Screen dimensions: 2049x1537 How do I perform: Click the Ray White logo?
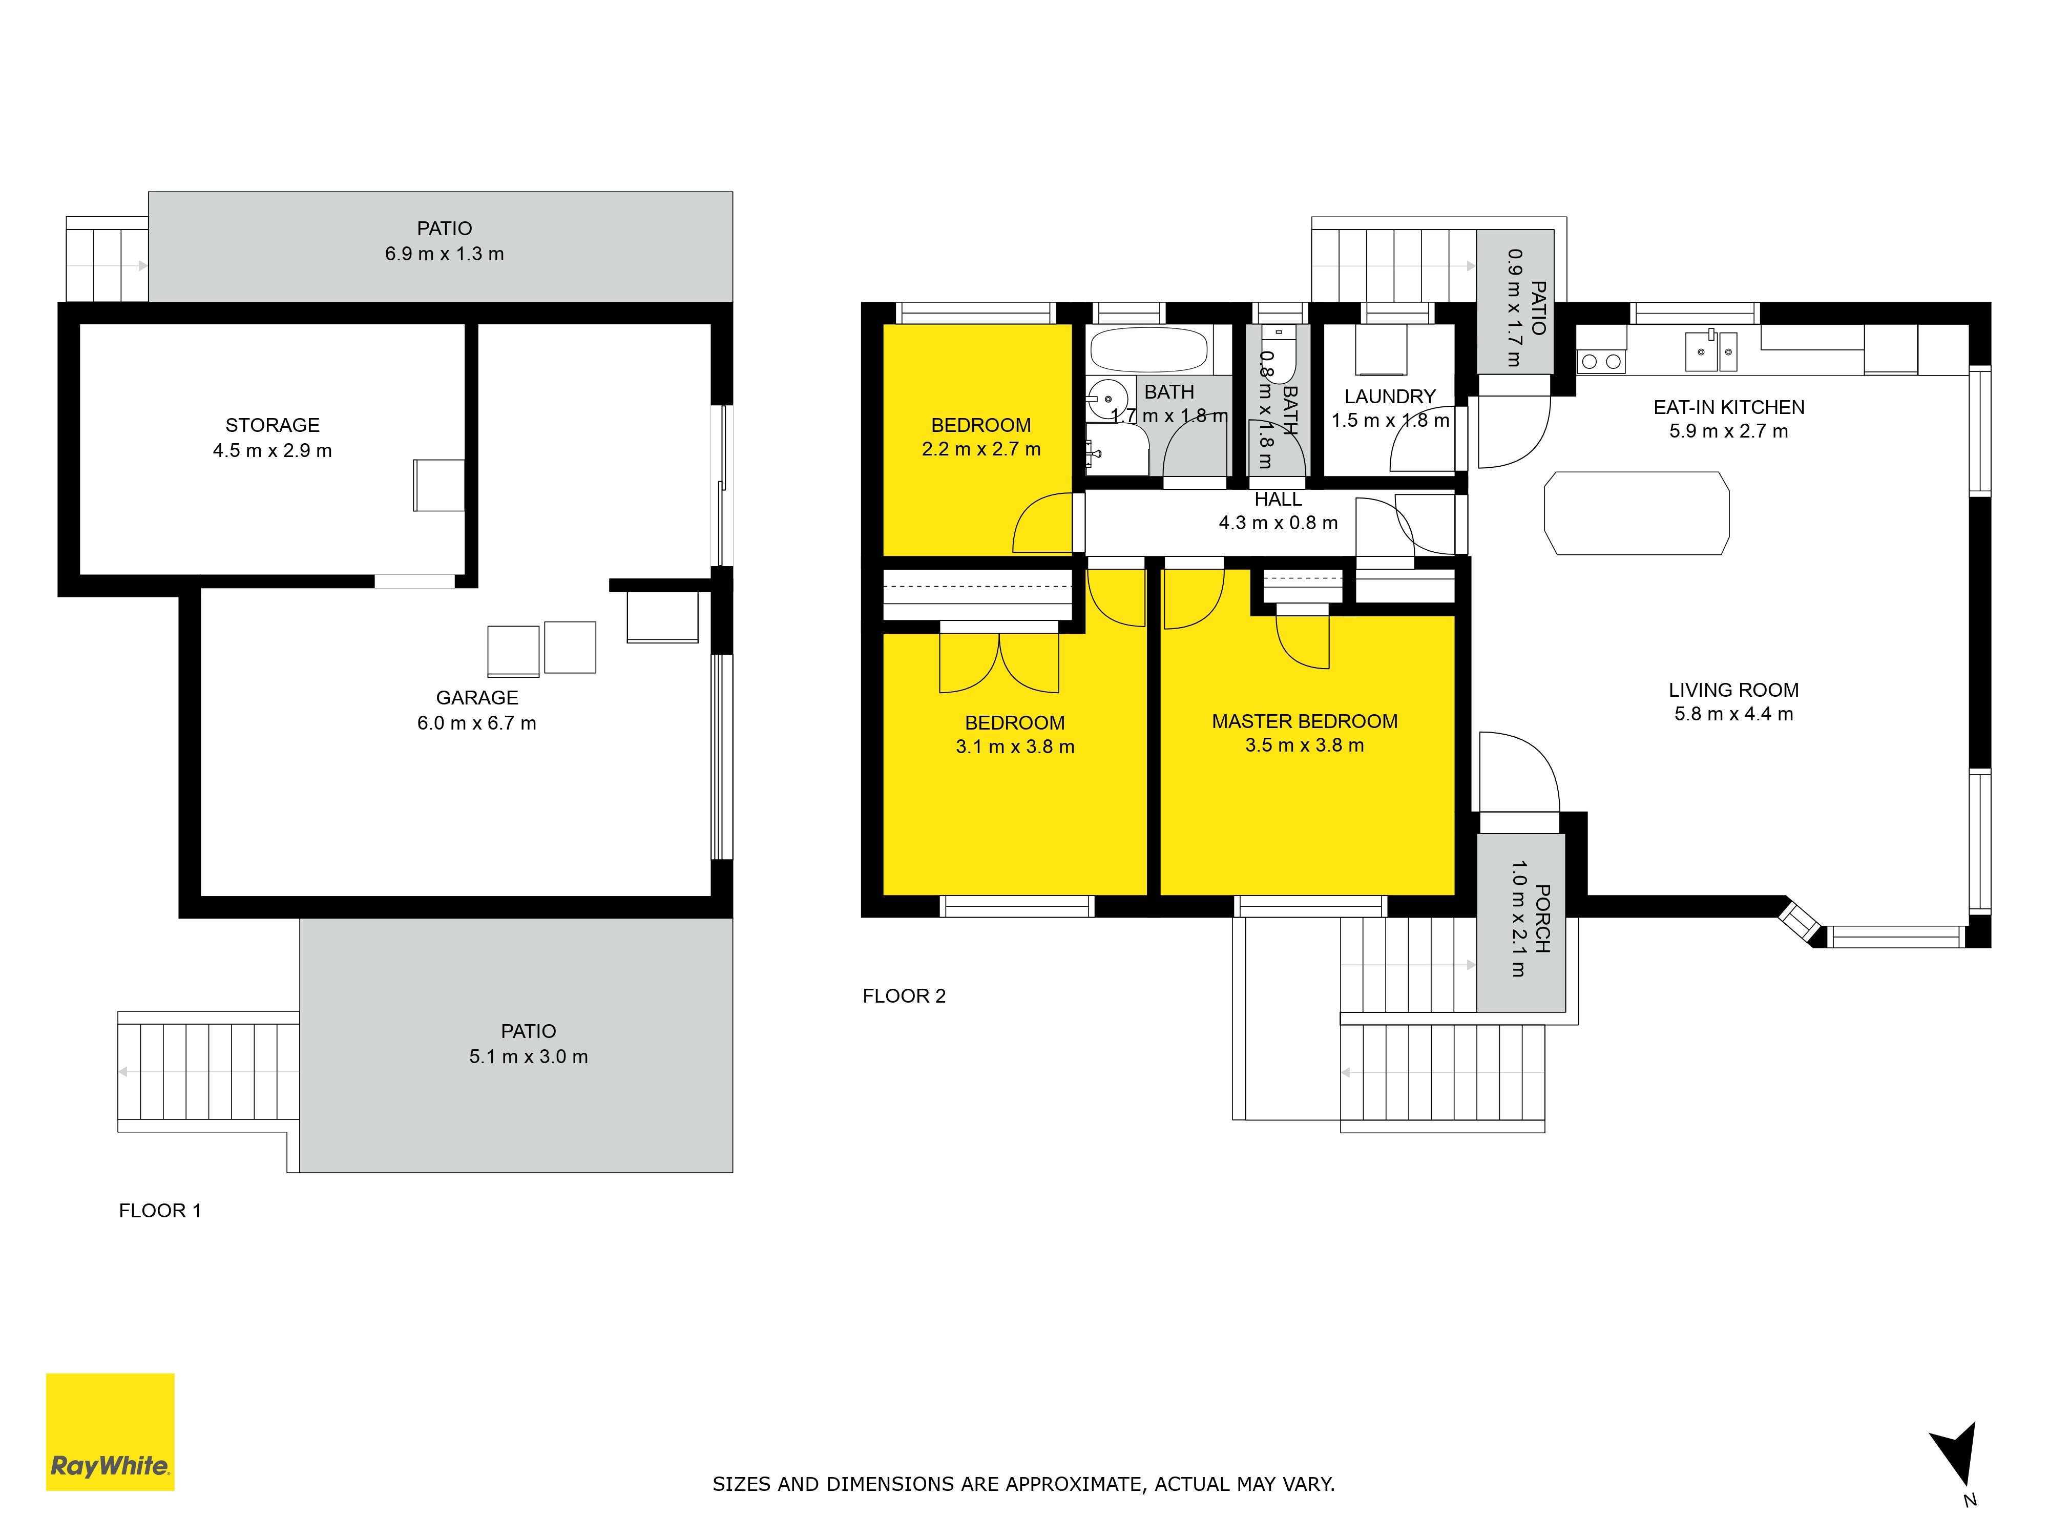110,1431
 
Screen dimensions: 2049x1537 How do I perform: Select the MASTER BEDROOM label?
1304,721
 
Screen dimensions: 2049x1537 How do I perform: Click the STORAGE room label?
273,425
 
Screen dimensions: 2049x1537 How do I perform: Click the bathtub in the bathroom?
1148,350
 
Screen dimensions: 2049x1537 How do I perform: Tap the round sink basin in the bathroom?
1108,399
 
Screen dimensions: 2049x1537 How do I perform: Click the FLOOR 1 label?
159,1211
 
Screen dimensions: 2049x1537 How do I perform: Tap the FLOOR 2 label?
904,996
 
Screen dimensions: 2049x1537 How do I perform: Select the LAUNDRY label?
1389,397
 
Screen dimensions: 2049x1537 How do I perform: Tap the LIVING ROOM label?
1733,690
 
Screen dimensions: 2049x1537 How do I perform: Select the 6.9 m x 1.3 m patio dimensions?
445,254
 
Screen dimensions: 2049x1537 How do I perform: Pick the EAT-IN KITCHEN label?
1728,408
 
